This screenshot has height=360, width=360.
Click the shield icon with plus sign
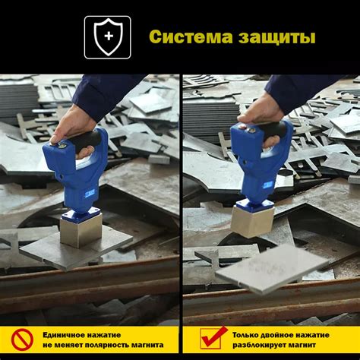[107, 37]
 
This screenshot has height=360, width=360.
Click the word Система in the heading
[185, 37]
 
